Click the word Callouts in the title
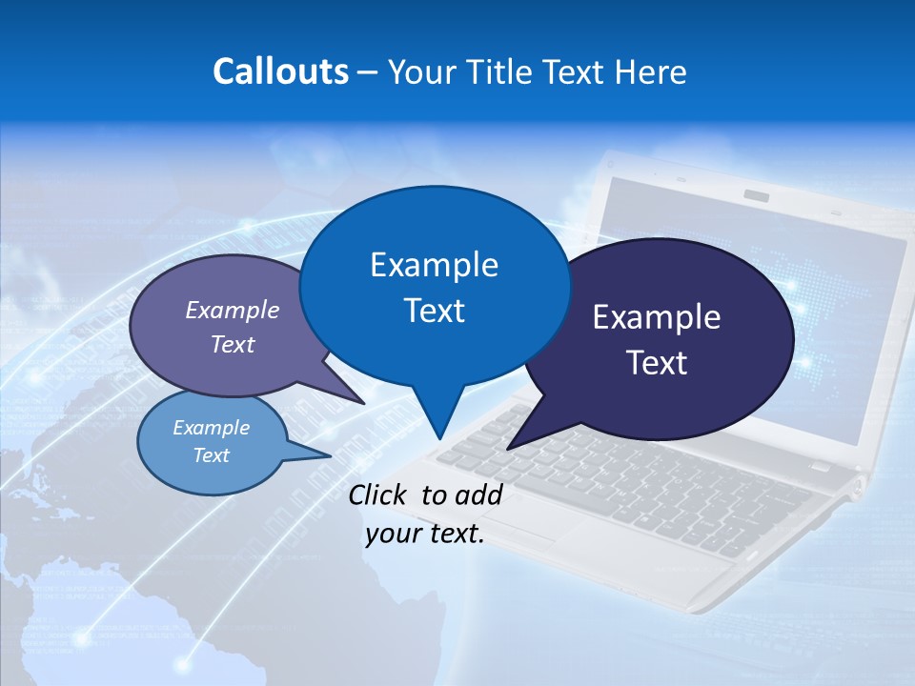pyautogui.click(x=280, y=71)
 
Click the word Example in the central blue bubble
pyautogui.click(x=434, y=265)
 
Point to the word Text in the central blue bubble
pyautogui.click(x=434, y=311)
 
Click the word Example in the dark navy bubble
pyautogui.click(x=657, y=317)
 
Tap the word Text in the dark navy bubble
pyautogui.click(x=657, y=363)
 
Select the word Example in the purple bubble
pyautogui.click(x=233, y=310)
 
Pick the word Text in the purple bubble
pyautogui.click(x=233, y=344)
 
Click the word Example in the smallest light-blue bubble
pyautogui.click(x=212, y=428)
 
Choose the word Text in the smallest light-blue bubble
pyautogui.click(x=212, y=455)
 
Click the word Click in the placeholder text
pyautogui.click(x=378, y=494)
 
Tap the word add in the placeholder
pyautogui.click(x=478, y=494)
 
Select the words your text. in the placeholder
pyautogui.click(x=425, y=534)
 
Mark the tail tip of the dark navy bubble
pyautogui.click(x=508, y=448)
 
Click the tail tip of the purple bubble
pyautogui.click(x=364, y=403)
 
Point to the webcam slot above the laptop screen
pyautogui.click(x=757, y=195)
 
